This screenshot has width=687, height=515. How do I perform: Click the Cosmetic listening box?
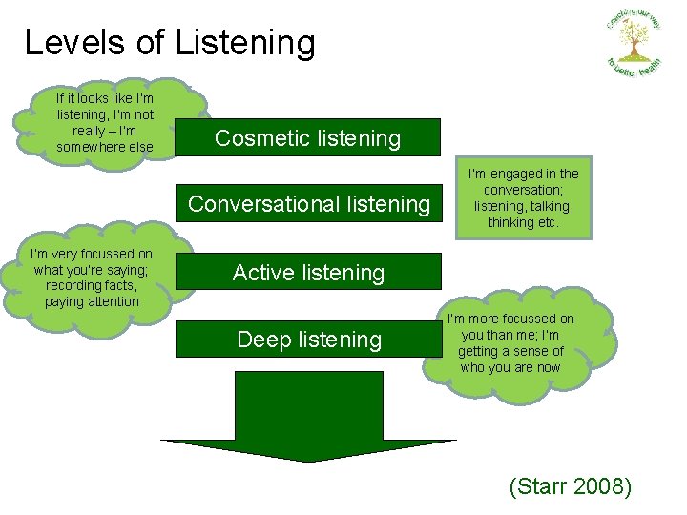(308, 137)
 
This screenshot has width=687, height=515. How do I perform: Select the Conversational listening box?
(308, 203)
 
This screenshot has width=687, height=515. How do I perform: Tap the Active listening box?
(308, 272)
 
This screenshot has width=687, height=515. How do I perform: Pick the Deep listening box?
(308, 340)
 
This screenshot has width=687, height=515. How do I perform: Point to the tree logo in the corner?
(633, 42)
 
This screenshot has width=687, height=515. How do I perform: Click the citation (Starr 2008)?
(571, 486)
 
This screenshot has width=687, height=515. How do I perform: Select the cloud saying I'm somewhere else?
(105, 122)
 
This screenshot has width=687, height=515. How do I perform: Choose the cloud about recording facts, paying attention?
(92, 278)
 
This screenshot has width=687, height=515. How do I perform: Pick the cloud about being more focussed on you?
(510, 343)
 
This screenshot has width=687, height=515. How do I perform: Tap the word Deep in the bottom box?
(261, 340)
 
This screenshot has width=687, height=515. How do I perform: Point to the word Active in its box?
(261, 272)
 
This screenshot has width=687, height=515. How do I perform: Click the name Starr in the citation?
(539, 486)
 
